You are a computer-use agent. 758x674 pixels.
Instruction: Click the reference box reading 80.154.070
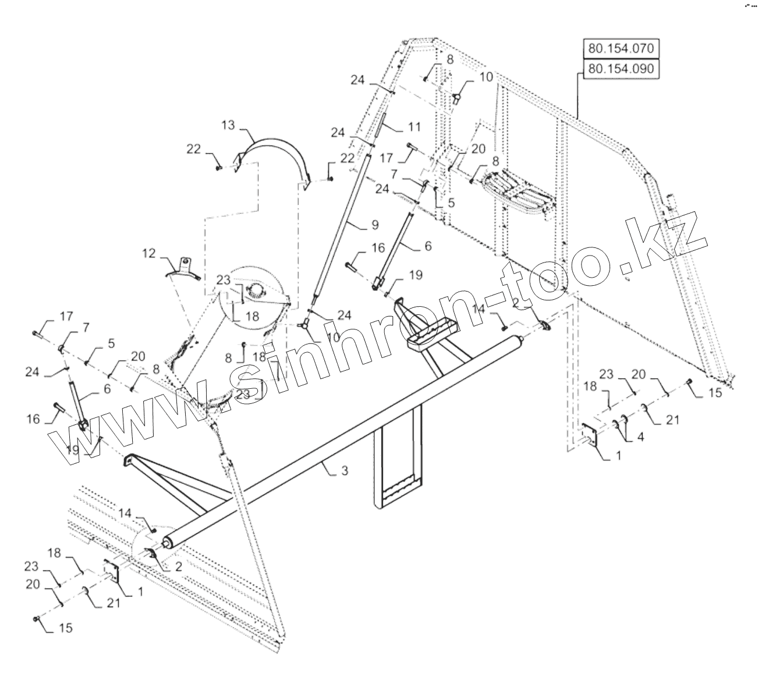point(621,48)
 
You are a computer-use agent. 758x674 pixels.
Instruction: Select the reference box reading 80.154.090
point(621,69)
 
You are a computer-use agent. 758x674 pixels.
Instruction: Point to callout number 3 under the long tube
point(345,470)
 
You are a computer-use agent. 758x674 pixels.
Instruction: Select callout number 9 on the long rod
point(374,224)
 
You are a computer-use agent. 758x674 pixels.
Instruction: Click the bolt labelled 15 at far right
point(689,381)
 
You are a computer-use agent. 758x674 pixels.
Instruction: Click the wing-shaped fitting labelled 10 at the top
point(458,96)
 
